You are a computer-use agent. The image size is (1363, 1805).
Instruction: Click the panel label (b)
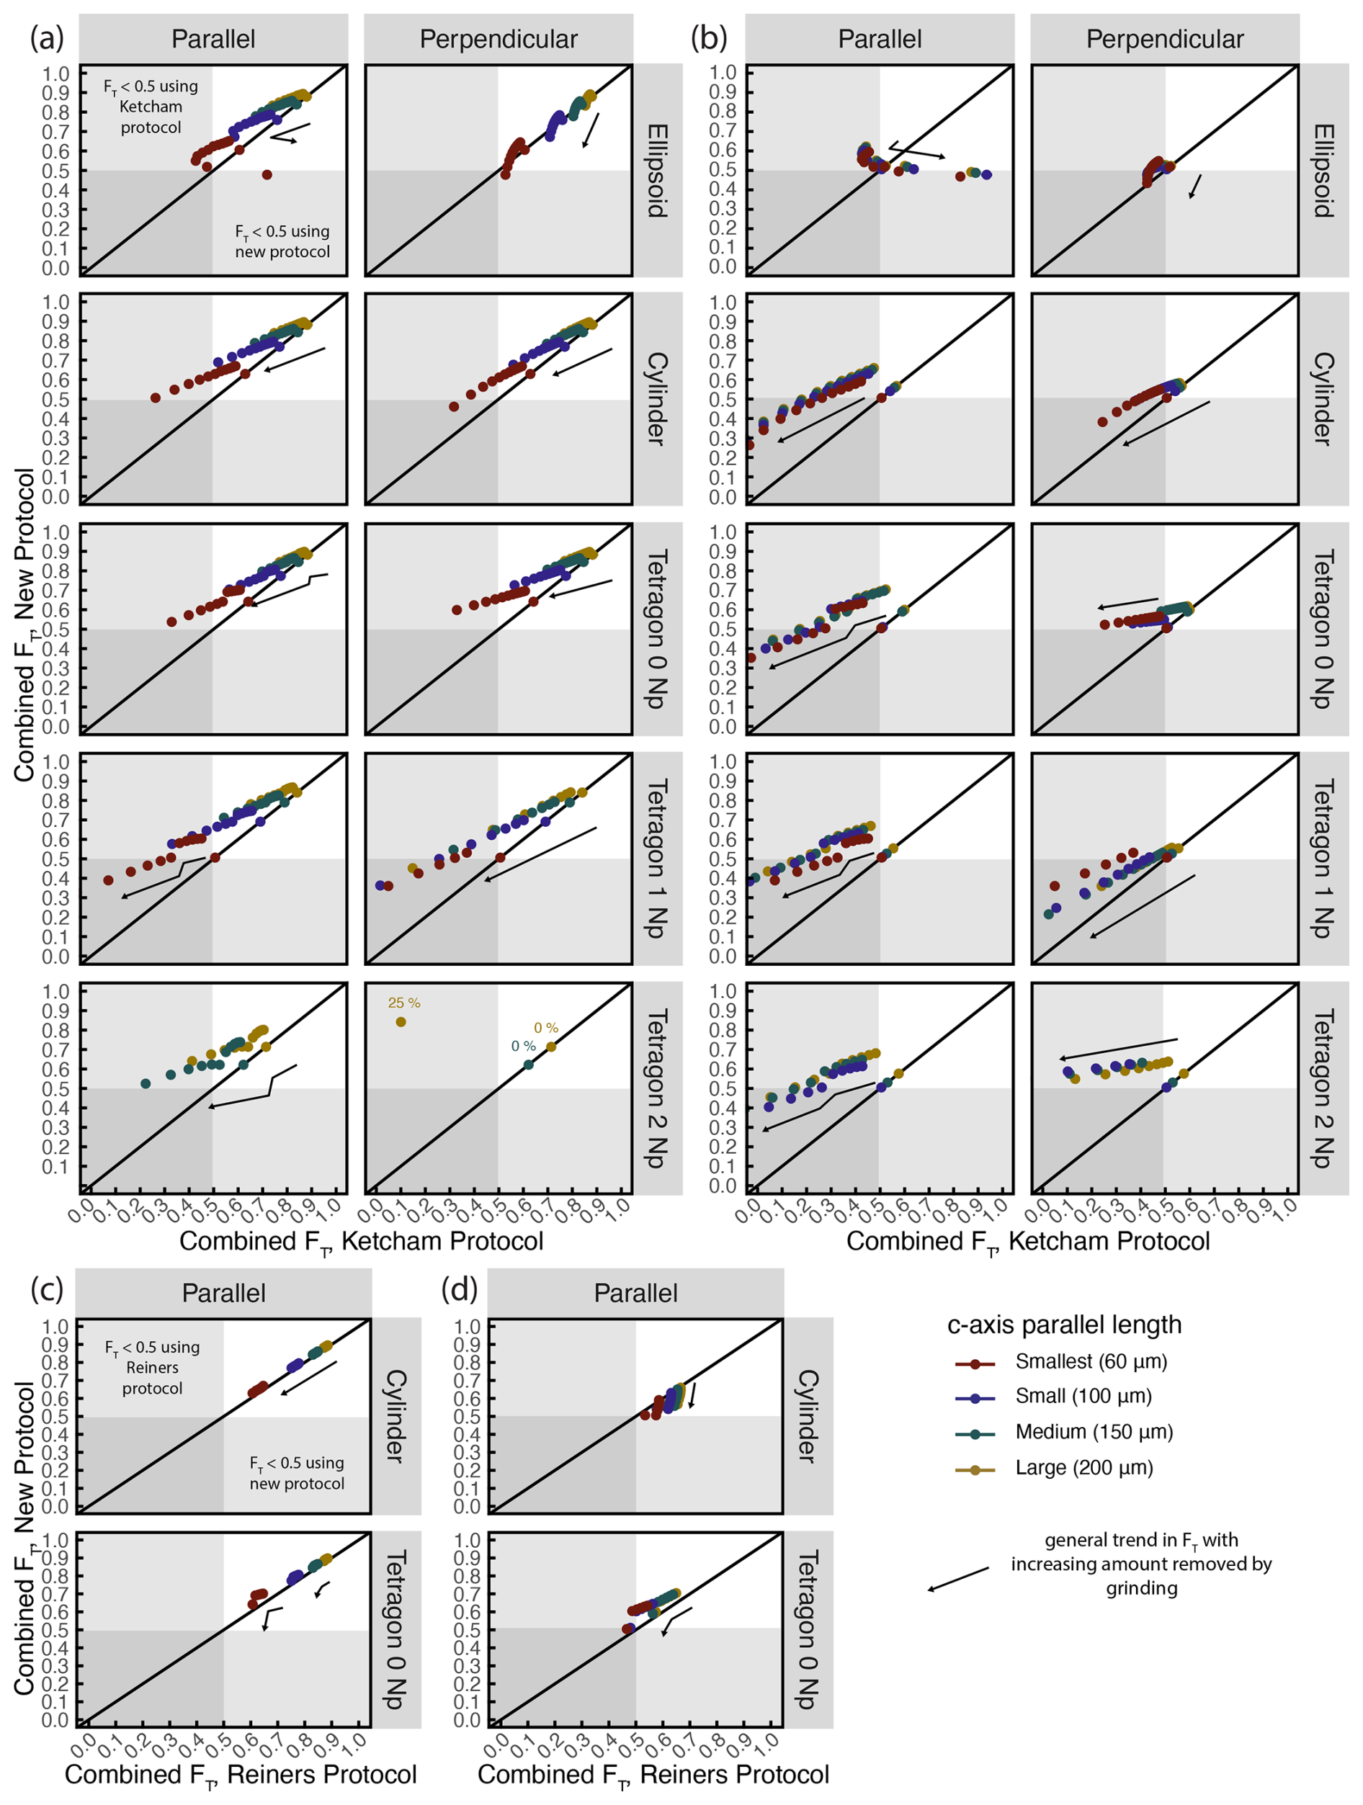click(708, 38)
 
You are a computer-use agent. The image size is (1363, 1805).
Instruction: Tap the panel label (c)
click(47, 1289)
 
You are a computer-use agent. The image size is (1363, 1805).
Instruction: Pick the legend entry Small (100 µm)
click(1083, 1395)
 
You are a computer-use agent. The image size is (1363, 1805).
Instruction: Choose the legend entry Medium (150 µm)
click(1094, 1431)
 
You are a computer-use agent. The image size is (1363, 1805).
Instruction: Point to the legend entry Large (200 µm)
click(1084, 1467)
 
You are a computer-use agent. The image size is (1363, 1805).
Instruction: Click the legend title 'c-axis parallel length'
click(1063, 1325)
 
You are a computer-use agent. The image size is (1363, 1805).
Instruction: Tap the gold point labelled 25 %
click(401, 1021)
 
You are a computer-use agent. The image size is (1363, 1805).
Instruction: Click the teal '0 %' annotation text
click(523, 1046)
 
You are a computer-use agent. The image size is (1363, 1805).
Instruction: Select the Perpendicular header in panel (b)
click(1165, 39)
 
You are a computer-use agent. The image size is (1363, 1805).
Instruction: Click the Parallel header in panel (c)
click(223, 1293)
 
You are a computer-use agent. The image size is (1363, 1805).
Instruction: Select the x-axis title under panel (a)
click(361, 1241)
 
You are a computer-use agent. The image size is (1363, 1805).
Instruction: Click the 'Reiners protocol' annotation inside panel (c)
click(152, 1368)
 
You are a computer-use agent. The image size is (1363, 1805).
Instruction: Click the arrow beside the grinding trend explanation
click(958, 1578)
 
